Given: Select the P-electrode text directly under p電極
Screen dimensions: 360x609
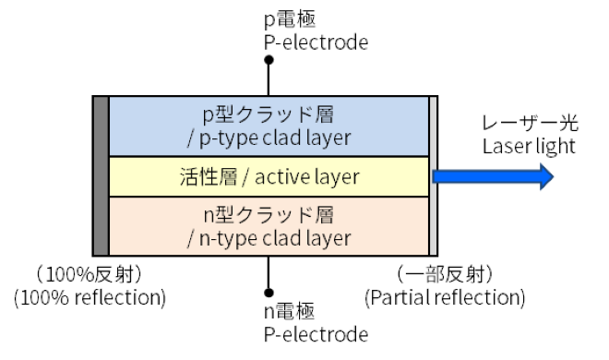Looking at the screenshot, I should [x=316, y=42].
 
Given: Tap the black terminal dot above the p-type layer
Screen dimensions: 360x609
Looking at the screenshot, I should [x=269, y=61].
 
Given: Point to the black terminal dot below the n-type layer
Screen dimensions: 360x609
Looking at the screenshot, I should [x=269, y=289].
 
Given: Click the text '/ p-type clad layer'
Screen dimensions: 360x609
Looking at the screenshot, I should [x=269, y=138].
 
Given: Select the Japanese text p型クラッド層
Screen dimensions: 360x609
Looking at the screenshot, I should [x=269, y=115].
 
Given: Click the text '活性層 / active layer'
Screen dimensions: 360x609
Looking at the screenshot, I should [x=269, y=175].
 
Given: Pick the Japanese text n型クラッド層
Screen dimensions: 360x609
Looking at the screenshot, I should [x=269, y=215].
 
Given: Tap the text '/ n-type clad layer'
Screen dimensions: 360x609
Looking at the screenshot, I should [x=269, y=238].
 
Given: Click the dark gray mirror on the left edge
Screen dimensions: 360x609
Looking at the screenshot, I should [x=101, y=175].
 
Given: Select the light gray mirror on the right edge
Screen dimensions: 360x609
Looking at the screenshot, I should [x=434, y=175].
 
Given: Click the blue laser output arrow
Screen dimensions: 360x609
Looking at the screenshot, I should [x=494, y=175].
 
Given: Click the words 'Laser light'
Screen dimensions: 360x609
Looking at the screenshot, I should [x=529, y=147].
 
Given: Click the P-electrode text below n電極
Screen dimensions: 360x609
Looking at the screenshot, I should [x=316, y=334].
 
